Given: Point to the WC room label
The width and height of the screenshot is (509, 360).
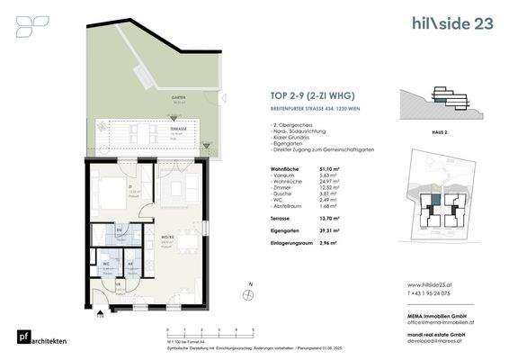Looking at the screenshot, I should point(107,264).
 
